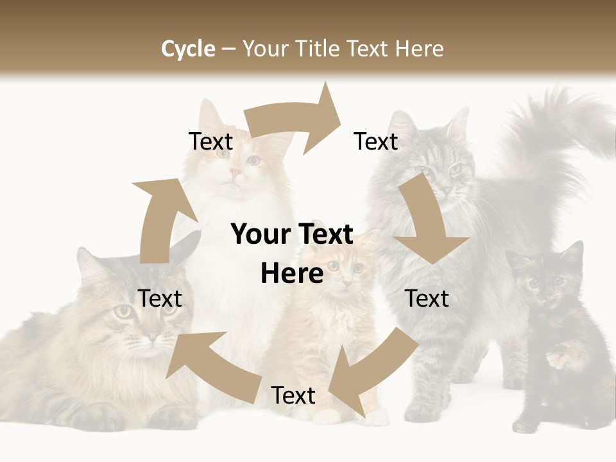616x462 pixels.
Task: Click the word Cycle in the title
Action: click(188, 49)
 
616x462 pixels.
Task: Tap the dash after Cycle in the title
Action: click(228, 49)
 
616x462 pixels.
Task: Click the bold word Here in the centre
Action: click(292, 274)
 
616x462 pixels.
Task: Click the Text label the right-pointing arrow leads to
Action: click(376, 142)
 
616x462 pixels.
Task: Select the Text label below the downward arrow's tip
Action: click(427, 298)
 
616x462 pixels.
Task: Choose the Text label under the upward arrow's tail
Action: click(160, 298)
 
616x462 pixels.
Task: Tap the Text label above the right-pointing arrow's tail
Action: click(210, 142)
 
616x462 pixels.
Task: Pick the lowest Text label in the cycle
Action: click(293, 396)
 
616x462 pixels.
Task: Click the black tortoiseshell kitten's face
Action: click(544, 282)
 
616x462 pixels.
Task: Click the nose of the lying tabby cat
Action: click(152, 336)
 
